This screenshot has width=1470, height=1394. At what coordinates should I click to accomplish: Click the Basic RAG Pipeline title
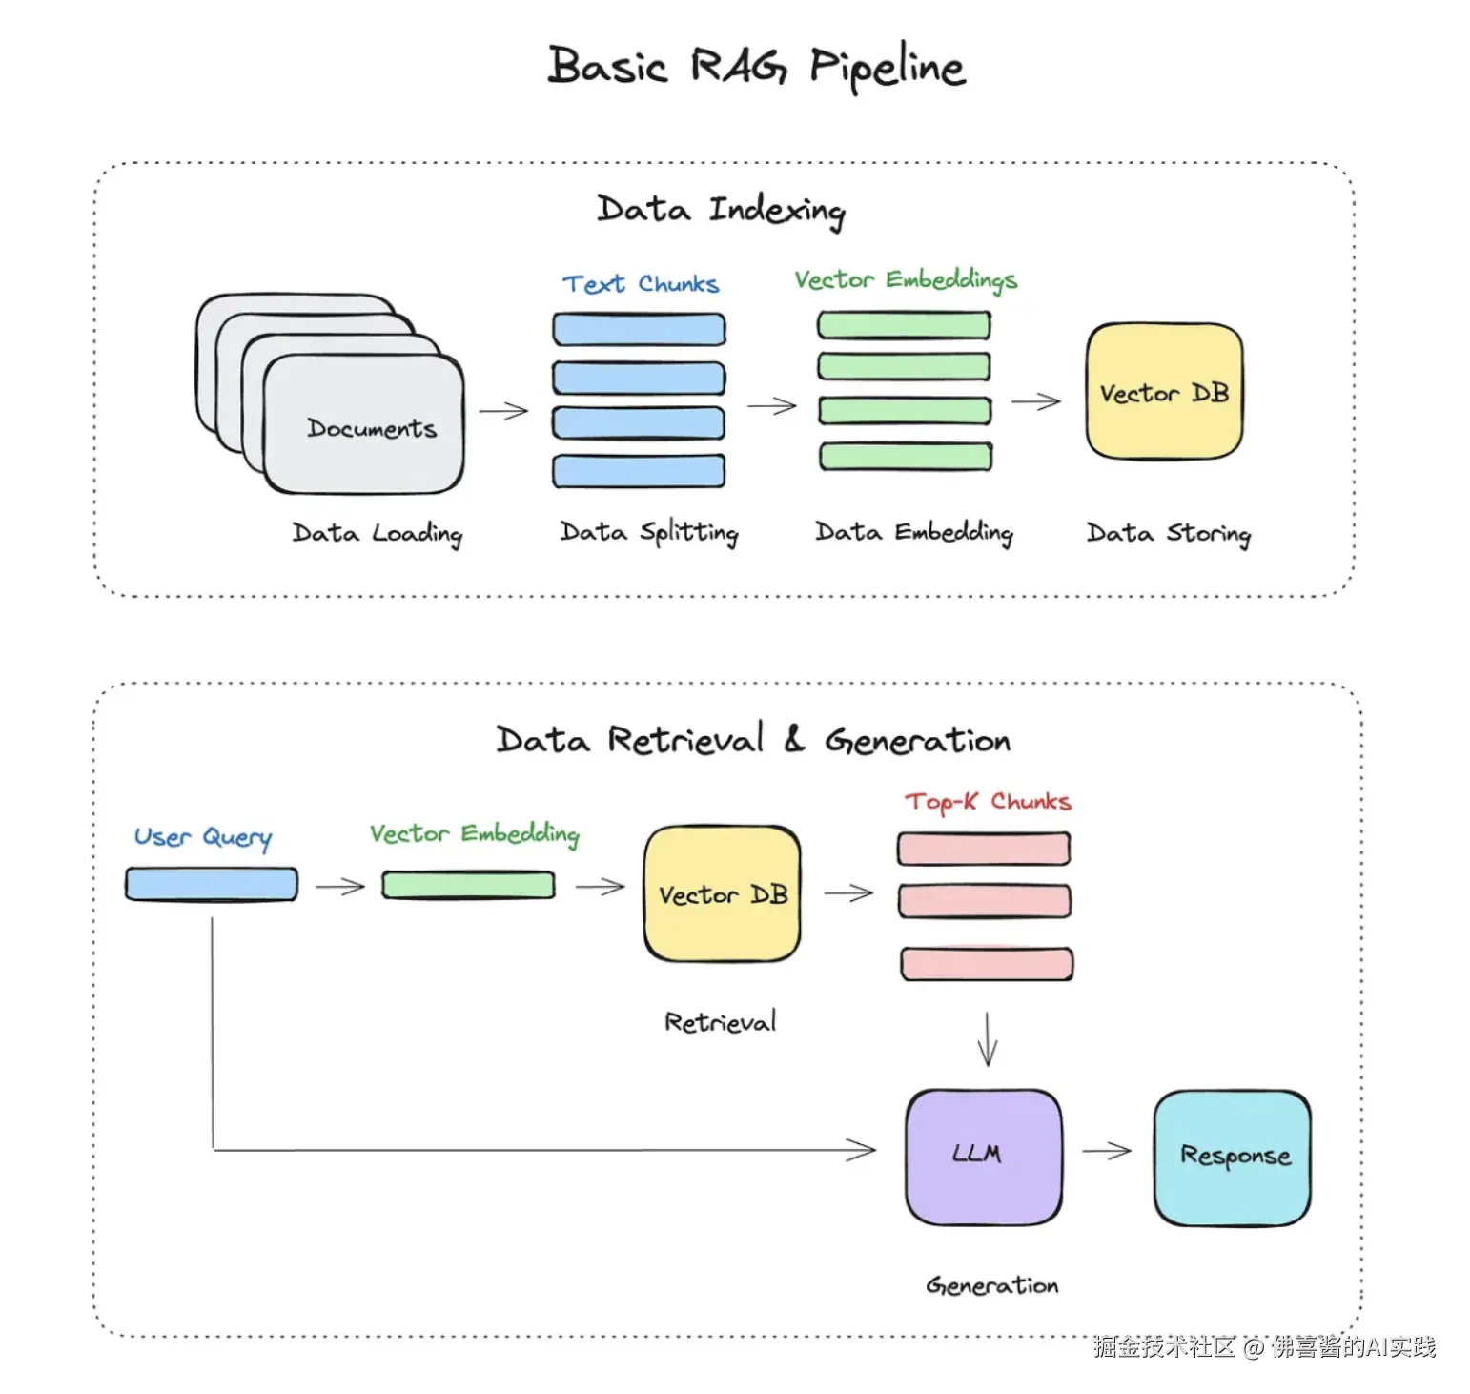pos(756,67)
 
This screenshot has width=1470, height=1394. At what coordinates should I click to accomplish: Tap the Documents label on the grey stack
pos(372,428)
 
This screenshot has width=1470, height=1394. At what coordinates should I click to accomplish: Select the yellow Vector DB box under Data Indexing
pos(1164,391)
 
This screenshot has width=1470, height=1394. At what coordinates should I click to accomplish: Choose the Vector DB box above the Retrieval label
pos(723,893)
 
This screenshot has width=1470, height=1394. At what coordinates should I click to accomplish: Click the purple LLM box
pos(984,1158)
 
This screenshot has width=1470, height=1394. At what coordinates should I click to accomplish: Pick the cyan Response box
pos(1233,1158)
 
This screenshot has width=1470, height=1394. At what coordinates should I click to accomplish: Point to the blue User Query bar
pos(212,884)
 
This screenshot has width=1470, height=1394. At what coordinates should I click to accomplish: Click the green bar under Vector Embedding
pos(468,885)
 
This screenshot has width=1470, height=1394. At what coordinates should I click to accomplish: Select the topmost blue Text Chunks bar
pos(639,329)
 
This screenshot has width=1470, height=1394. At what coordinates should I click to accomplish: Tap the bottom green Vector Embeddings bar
pos(906,457)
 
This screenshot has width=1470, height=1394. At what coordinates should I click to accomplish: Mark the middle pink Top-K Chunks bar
pos(985,901)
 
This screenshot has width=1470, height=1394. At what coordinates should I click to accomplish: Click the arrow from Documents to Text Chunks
pos(503,411)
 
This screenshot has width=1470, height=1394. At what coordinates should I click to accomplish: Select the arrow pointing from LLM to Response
pos(1107,1151)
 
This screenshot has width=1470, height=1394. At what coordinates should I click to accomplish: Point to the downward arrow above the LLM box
pos(988,1038)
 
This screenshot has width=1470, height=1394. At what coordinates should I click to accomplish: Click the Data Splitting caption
pos(649,533)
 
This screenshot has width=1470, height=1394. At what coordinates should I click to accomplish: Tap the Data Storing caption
pos(1169,534)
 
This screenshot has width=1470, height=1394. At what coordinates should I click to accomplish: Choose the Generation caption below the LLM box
pos(991,1285)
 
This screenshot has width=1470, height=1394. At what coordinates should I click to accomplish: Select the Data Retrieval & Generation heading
pos(753,740)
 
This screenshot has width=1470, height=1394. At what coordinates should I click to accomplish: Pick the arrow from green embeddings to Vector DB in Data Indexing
pos(1036,402)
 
